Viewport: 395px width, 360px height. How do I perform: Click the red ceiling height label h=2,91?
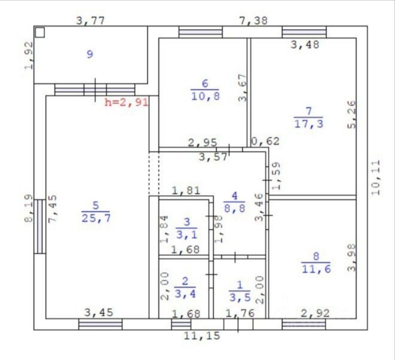126,102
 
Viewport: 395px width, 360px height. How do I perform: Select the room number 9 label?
90,54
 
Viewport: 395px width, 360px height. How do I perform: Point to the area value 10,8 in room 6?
205,96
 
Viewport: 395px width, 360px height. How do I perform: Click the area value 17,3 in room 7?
308,124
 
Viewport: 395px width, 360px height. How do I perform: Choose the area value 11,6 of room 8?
316,269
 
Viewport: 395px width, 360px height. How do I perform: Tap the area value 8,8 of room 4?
235,208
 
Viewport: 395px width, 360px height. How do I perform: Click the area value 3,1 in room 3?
187,235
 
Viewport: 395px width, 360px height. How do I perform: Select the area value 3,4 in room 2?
185,294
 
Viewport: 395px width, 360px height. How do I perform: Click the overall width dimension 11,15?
202,336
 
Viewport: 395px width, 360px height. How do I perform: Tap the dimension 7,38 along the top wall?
253,21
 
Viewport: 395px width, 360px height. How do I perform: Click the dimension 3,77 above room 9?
90,21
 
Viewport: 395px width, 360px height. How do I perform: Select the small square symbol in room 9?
40,32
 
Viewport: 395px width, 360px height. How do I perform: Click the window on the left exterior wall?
40,226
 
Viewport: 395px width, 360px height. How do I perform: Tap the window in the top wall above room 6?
200,32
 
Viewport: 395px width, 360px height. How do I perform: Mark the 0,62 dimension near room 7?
265,141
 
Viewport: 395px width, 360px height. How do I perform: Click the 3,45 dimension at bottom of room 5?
99,313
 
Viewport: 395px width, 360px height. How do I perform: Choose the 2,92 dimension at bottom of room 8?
315,313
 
